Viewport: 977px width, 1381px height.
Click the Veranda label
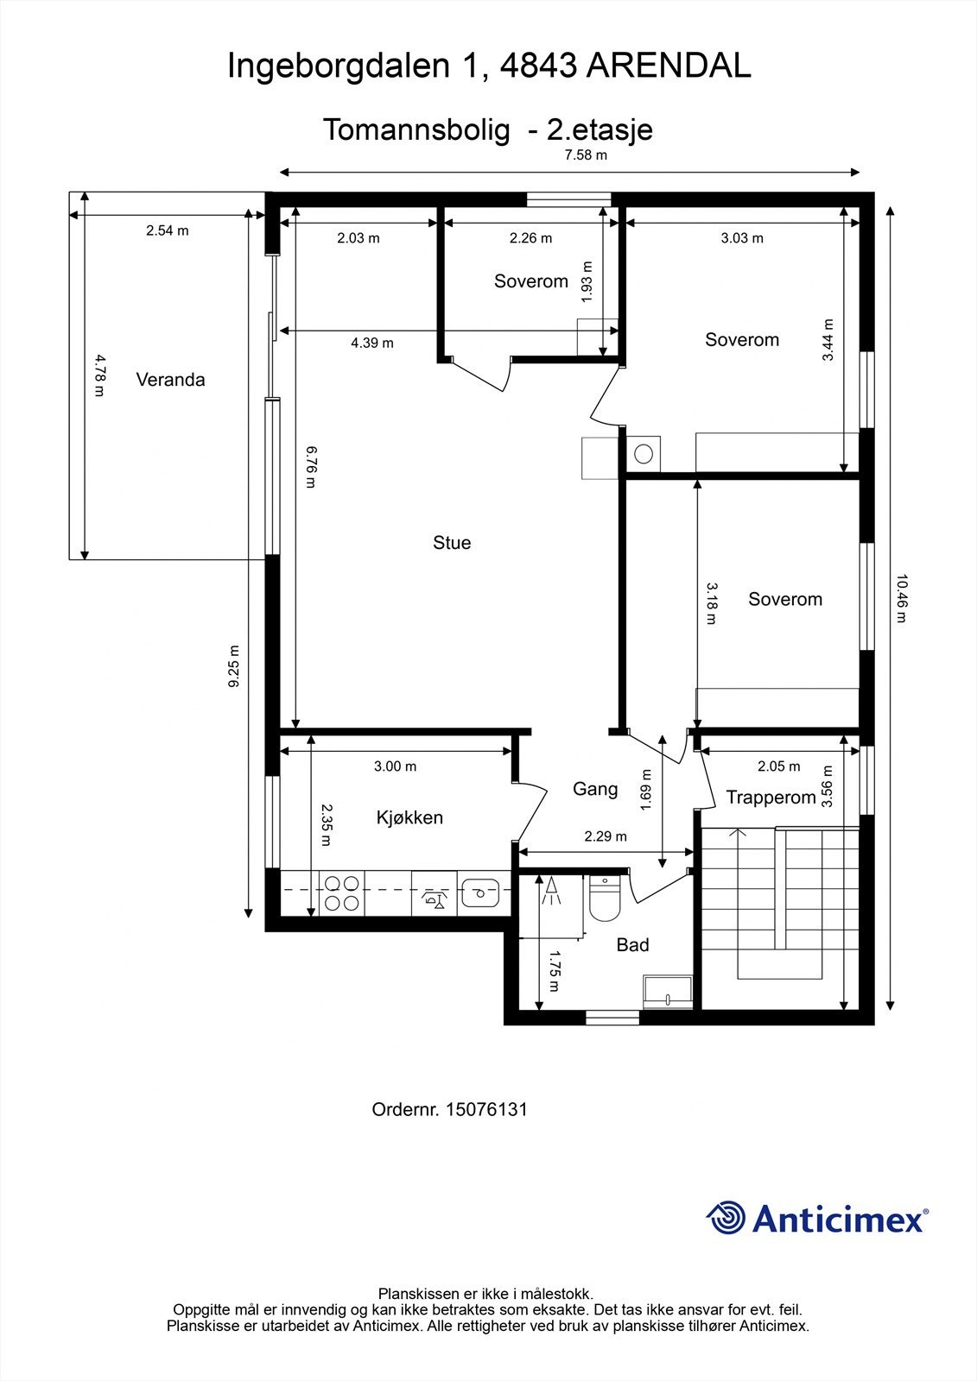(x=170, y=379)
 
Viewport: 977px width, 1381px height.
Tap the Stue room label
(x=452, y=543)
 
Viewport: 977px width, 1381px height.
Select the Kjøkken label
(x=409, y=817)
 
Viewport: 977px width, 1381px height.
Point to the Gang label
(x=595, y=789)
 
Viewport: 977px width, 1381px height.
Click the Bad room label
(x=632, y=944)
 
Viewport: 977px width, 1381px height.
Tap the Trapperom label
(x=771, y=798)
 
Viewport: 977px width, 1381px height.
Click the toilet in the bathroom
(x=604, y=898)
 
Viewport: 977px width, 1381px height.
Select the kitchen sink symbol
(x=481, y=892)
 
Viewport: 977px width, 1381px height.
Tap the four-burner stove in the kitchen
(x=342, y=893)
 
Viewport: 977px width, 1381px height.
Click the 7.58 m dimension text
(x=586, y=154)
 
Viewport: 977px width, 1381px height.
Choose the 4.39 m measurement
(x=372, y=343)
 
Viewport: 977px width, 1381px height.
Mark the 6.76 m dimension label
(x=311, y=467)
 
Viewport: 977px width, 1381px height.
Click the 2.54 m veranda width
(x=168, y=230)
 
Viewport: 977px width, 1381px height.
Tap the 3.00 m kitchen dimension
(x=395, y=766)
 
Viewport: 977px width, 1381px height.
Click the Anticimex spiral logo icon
(x=726, y=1218)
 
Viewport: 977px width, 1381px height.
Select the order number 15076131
(x=486, y=1110)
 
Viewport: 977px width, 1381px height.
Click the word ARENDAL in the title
(x=669, y=66)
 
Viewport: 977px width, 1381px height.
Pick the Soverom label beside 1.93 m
(x=530, y=281)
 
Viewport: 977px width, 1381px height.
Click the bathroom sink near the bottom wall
(x=667, y=992)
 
